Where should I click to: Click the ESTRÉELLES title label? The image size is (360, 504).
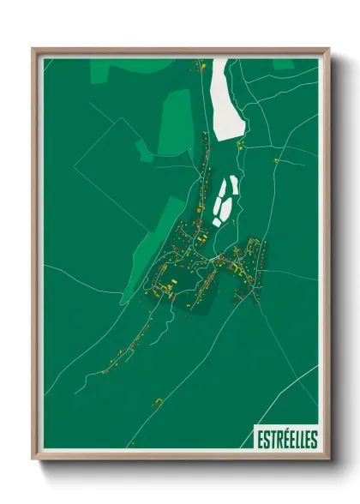point(286,439)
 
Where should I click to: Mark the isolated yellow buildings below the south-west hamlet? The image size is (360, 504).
point(158,402)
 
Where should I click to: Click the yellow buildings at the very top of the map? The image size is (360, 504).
point(201,65)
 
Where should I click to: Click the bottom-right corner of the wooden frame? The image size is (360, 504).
point(327,459)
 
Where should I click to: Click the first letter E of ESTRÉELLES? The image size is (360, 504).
point(260,439)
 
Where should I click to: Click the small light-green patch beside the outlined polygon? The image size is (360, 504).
point(143,152)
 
